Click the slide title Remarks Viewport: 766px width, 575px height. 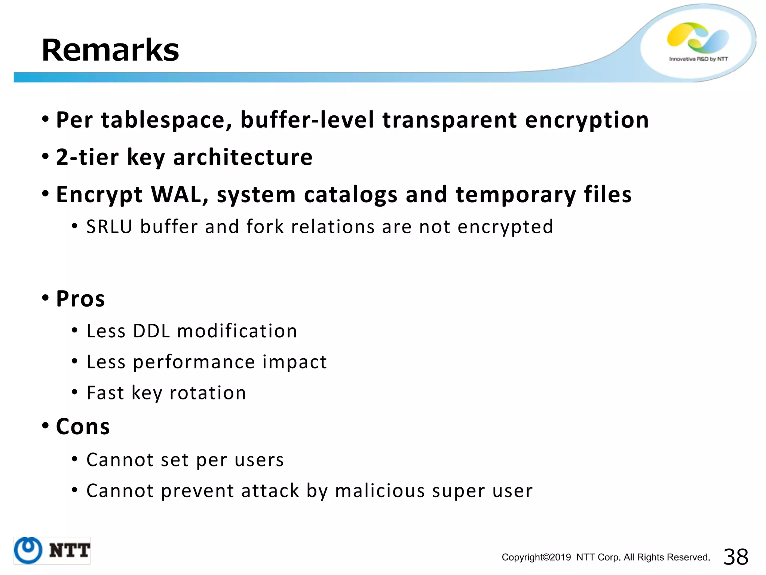110,50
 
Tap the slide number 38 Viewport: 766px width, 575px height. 736,557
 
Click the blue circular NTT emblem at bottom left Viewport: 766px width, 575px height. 28,550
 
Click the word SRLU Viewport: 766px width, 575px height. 109,227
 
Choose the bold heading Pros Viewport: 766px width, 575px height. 80,299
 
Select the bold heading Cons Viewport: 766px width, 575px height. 83,426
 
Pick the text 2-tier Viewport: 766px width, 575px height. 87,157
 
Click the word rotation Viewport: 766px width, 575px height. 208,393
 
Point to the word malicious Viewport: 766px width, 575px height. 380,491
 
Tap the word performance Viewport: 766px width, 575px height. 194,362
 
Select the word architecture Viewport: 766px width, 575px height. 243,157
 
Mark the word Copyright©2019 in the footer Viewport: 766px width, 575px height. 536,557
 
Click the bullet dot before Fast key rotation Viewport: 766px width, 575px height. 75,392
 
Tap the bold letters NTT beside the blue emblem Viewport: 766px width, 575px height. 70,551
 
